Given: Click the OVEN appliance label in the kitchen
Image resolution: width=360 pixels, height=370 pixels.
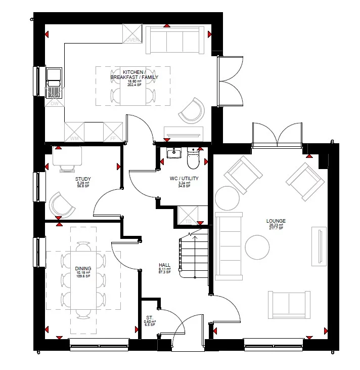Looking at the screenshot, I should click(132, 39).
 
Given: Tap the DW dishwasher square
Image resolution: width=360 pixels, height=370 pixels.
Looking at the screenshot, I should click(54, 103).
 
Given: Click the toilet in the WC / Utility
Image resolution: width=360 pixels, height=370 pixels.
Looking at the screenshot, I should click(193, 158).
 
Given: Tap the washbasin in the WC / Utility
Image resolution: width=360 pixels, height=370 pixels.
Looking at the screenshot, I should click(174, 152).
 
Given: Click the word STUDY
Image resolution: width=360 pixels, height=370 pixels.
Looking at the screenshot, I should click(82, 179).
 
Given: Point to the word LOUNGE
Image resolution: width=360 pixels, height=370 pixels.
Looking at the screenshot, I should click(276, 221).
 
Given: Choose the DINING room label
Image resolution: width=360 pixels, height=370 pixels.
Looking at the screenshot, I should click(83, 269).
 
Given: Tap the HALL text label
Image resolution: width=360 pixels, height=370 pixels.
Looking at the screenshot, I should click(164, 265).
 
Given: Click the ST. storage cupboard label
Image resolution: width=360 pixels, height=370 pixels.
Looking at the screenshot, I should click(150, 318).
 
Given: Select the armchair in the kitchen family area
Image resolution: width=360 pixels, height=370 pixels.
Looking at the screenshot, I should click(191, 110).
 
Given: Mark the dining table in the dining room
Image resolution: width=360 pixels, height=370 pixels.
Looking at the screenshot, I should click(83, 281).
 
